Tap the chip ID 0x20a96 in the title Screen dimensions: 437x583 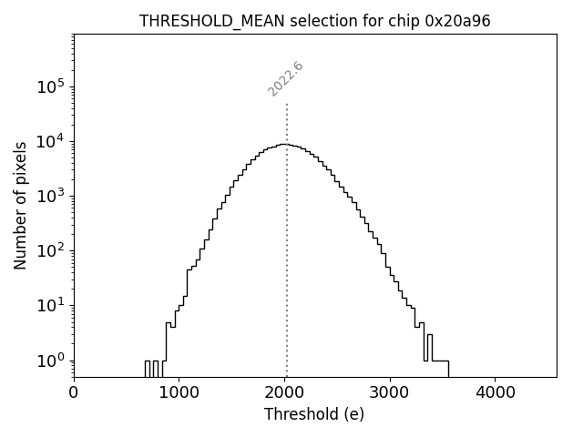457,21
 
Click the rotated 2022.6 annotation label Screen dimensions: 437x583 285,79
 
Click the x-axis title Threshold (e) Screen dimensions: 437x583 314,414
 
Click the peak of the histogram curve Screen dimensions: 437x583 284,144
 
